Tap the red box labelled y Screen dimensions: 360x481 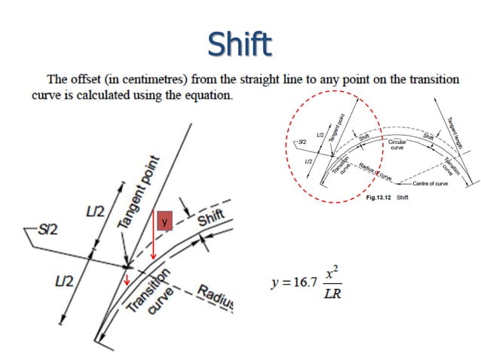click(x=165, y=221)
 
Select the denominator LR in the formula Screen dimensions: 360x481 click(x=332, y=293)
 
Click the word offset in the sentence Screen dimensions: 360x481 click(x=86, y=78)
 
